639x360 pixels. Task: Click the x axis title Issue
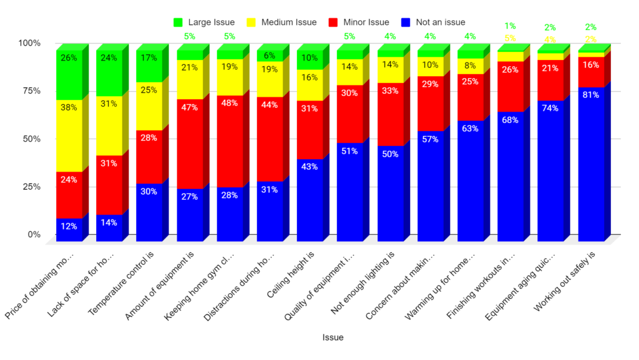pyautogui.click(x=332, y=337)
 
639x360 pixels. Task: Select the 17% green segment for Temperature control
pyautogui.click(x=149, y=66)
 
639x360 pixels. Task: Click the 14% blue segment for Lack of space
pyautogui.click(x=109, y=227)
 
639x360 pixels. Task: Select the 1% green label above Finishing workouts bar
pyautogui.click(x=510, y=26)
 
